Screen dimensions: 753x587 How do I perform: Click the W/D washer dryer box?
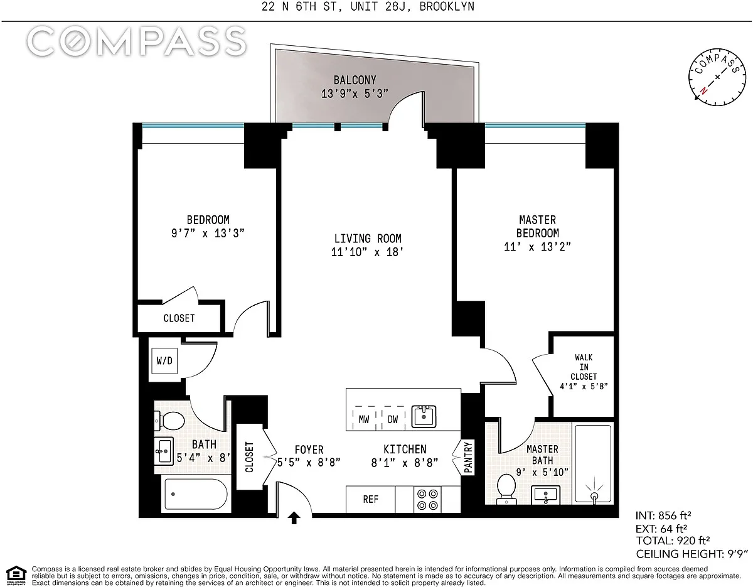coord(164,361)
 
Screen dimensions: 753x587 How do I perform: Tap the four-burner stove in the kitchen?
coord(427,500)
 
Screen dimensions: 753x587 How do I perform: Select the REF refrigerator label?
coord(370,499)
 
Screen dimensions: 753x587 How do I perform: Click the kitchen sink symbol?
coord(424,416)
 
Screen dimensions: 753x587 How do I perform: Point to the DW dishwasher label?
coord(393,419)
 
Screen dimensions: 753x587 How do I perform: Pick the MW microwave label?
coord(364,419)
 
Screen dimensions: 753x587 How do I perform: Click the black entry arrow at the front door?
coord(294,518)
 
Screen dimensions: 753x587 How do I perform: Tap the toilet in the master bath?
coord(506,489)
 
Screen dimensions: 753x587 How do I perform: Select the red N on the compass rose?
coord(703,90)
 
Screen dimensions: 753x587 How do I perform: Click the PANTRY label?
coord(468,457)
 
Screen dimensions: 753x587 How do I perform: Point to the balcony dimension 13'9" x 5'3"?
coord(355,94)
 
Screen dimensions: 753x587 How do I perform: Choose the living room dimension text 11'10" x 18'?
coord(367,252)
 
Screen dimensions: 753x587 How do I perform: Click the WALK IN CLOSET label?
coord(584,367)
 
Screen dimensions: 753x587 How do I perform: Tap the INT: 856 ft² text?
coord(663,515)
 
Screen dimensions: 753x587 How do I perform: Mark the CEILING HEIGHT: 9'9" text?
coord(692,554)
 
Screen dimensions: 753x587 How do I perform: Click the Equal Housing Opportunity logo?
coord(16,576)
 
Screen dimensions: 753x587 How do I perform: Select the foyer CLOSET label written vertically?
coord(249,457)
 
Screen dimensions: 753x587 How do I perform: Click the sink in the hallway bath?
coord(164,451)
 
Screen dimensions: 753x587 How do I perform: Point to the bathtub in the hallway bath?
coord(196,494)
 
